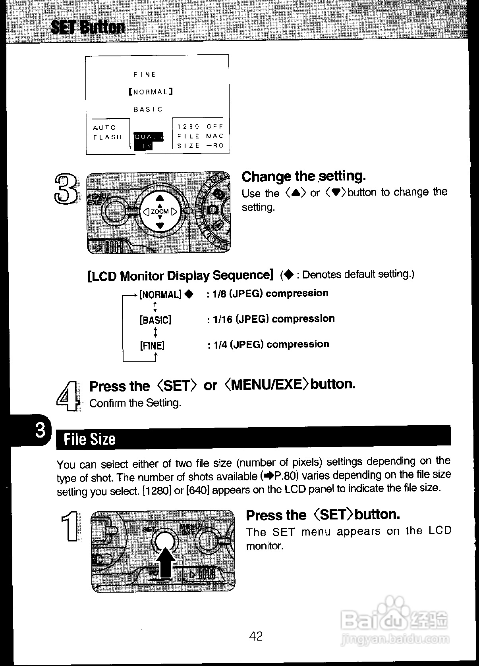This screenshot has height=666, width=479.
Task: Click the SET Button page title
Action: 88,27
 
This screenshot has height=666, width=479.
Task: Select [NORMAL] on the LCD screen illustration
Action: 151,92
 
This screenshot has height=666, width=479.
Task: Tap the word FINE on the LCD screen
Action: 145,75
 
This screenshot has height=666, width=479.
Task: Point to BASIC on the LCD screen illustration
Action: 148,109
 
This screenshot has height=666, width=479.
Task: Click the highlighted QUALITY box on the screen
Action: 147,141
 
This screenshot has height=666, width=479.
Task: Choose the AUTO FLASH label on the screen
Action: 107,132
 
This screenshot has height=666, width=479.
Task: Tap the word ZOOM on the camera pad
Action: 160,211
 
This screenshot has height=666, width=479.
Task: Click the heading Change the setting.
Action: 303,176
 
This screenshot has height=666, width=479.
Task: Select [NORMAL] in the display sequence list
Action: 160,294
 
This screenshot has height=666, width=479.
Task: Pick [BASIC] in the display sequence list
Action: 155,320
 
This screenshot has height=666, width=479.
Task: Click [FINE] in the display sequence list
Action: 152,345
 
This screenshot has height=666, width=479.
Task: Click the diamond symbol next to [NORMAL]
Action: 189,294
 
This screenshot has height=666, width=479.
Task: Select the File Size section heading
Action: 90,439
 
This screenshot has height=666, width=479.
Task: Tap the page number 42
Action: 256,636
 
